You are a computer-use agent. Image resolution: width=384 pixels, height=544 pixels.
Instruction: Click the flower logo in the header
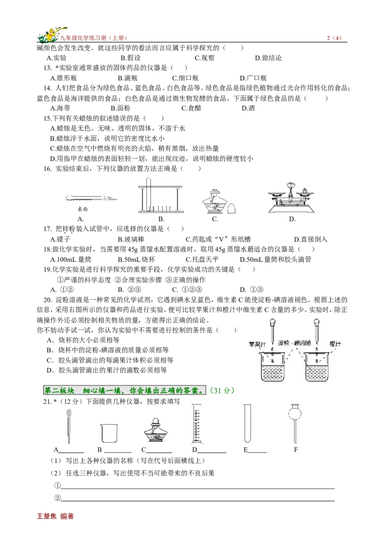tap(53, 35)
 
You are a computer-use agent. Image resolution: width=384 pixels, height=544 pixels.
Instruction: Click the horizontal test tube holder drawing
tap(90, 198)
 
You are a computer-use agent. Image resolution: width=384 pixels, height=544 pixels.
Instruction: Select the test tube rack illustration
tap(161, 196)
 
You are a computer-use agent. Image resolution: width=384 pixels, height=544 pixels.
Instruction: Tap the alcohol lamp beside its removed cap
tap(215, 200)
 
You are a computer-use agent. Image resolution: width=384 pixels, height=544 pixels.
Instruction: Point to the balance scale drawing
tap(292, 198)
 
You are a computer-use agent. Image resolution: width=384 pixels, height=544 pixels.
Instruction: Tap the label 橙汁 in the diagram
tap(335, 344)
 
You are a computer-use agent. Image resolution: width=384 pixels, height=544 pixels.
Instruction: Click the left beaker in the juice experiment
tap(272, 367)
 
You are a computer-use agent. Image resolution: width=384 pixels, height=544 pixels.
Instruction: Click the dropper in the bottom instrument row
tap(69, 426)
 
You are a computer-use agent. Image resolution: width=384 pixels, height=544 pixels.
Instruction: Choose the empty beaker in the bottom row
tap(109, 434)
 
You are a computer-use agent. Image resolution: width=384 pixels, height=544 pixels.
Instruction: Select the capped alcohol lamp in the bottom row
tap(155, 431)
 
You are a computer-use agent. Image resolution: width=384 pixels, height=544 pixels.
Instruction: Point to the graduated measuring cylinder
tap(198, 424)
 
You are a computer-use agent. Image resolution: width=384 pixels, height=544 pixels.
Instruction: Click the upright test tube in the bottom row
tap(248, 424)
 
